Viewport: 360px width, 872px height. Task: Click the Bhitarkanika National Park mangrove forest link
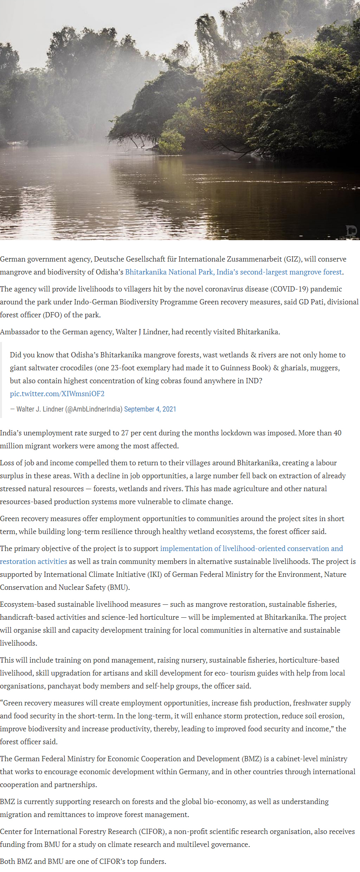(233, 272)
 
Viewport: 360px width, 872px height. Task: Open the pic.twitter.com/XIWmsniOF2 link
(57, 394)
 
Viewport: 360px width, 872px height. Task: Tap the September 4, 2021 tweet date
(150, 409)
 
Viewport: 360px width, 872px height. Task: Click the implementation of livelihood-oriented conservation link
(251, 549)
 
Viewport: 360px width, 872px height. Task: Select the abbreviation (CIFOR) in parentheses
(152, 832)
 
